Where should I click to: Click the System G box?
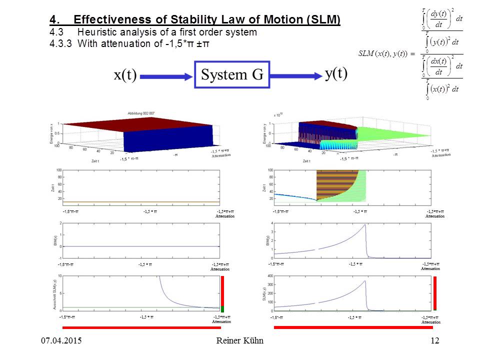coord(232,75)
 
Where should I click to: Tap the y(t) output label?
coord(336,74)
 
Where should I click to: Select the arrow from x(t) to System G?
coord(167,76)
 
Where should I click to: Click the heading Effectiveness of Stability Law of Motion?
coord(206,20)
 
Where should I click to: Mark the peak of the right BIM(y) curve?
coord(365,224)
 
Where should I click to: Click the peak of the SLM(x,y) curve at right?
coord(365,280)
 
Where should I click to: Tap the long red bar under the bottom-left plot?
coord(141,327)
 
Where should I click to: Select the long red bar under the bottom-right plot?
coord(353,327)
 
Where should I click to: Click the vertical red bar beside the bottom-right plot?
coord(435,293)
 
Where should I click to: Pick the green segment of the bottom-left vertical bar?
coord(222,309)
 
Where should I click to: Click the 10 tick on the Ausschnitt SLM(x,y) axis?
coord(59,276)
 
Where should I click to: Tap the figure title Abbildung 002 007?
coord(142,113)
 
